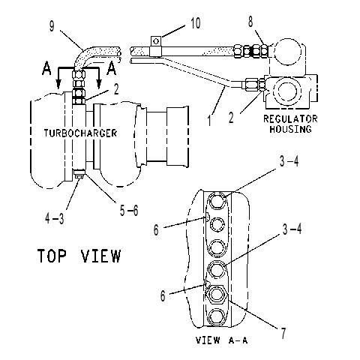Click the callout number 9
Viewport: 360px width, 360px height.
[x=52, y=26]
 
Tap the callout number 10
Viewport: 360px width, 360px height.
[x=196, y=23]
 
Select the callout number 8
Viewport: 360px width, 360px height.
[x=250, y=21]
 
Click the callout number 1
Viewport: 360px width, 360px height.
[x=210, y=120]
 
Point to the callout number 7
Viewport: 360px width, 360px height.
[x=283, y=333]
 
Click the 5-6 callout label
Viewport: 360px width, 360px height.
[x=129, y=211]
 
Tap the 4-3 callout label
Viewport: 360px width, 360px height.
[x=55, y=219]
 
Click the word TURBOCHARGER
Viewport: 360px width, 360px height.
[x=80, y=133]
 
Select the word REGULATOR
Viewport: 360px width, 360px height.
[x=290, y=118]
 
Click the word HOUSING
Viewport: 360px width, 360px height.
[x=290, y=129]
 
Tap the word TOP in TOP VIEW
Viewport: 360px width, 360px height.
[x=52, y=256]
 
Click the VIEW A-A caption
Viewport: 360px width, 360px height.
[x=221, y=340]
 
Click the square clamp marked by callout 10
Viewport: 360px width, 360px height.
[x=156, y=46]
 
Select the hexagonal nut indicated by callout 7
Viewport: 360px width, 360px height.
[x=216, y=294]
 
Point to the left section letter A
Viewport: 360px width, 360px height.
[x=46, y=68]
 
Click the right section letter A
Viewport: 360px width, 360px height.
[x=111, y=68]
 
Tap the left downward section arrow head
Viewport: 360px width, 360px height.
[x=58, y=84]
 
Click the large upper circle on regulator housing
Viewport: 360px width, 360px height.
[x=286, y=52]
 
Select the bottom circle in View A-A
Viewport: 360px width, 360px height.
[x=216, y=317]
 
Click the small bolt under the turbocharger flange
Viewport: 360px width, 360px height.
[x=79, y=173]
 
